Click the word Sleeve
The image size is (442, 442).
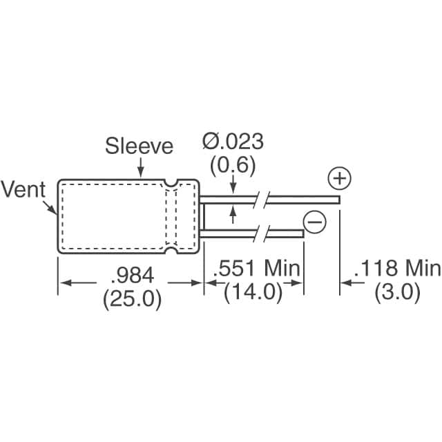click(x=140, y=146)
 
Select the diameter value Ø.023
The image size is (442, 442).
click(x=233, y=142)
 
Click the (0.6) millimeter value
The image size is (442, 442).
click(x=233, y=165)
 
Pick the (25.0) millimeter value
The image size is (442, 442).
click(x=131, y=298)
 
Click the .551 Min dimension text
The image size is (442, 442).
click(x=256, y=269)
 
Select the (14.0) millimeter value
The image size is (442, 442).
click(x=253, y=292)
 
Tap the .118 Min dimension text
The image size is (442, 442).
click(x=396, y=269)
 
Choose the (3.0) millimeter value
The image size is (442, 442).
click(x=397, y=292)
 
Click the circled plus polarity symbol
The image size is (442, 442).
click(x=338, y=180)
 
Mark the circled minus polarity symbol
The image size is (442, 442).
click(x=314, y=222)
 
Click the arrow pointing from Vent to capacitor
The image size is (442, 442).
click(x=52, y=207)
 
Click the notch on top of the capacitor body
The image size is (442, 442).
click(x=170, y=183)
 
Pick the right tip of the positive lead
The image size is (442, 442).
click(x=338, y=200)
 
